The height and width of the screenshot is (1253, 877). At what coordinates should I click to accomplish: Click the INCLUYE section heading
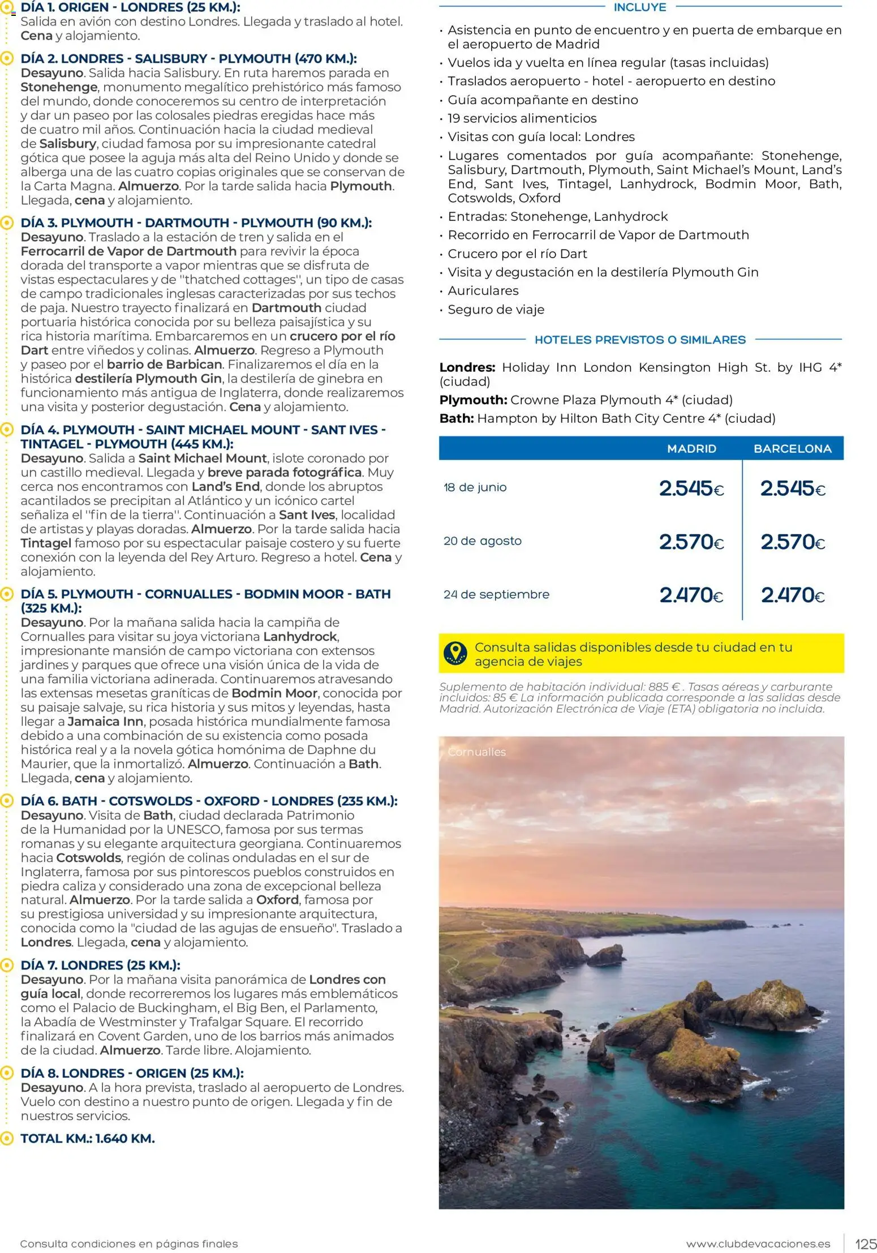click(639, 7)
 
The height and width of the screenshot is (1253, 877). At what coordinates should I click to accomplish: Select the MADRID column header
click(691, 449)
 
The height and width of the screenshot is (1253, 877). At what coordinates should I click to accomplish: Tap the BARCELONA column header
click(792, 449)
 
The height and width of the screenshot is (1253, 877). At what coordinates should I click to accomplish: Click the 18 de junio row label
click(475, 487)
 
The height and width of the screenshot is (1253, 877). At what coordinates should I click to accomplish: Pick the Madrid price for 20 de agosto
click(691, 542)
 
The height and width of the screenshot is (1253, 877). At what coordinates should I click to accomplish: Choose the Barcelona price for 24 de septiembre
click(792, 595)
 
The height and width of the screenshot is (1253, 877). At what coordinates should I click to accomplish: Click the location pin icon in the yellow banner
click(455, 653)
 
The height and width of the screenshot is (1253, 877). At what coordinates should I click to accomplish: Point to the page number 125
click(865, 1244)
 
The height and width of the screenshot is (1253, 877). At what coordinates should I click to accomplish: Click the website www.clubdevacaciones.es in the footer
click(758, 1244)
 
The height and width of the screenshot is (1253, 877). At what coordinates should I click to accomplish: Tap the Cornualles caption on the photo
click(476, 752)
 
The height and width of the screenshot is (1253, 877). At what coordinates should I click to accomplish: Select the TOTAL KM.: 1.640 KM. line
click(88, 1138)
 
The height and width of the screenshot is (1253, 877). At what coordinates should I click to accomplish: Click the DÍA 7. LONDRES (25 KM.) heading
click(100, 965)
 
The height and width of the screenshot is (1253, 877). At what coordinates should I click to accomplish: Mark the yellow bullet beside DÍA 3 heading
click(7, 223)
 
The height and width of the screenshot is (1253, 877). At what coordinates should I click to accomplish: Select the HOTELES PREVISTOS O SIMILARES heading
click(639, 340)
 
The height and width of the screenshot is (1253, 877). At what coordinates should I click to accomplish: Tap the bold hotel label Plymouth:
click(473, 400)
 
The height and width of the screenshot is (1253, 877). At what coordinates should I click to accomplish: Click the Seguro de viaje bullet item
click(496, 310)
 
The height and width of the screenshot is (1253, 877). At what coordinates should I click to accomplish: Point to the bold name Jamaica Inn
click(105, 722)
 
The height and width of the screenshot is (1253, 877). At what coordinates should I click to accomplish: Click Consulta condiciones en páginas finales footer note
click(129, 1244)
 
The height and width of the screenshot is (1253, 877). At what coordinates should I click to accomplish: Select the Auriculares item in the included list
click(483, 291)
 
